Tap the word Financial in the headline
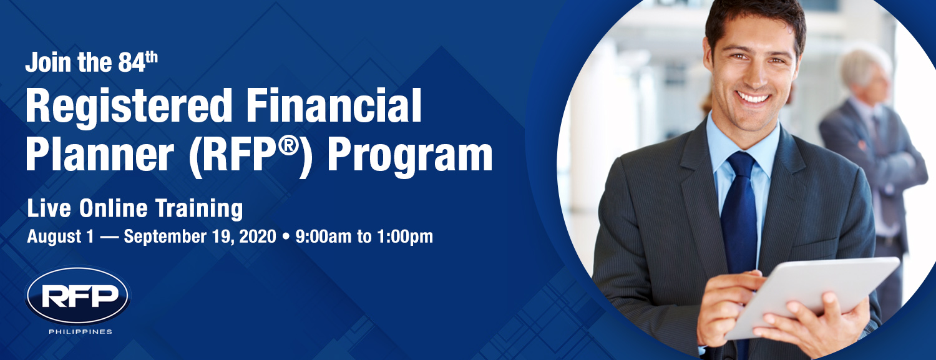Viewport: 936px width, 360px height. [334, 105]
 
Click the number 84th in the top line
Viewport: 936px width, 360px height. [137, 61]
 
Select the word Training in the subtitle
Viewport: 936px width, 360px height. [199, 209]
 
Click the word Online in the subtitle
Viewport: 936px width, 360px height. [113, 208]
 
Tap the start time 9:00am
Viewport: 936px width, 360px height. [323, 236]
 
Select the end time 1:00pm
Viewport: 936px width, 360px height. [405, 237]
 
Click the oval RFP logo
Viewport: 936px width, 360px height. [78, 296]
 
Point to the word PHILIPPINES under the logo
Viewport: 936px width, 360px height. [80, 331]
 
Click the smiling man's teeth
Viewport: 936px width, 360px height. [753, 98]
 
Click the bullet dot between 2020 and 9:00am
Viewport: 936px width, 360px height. [286, 236]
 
